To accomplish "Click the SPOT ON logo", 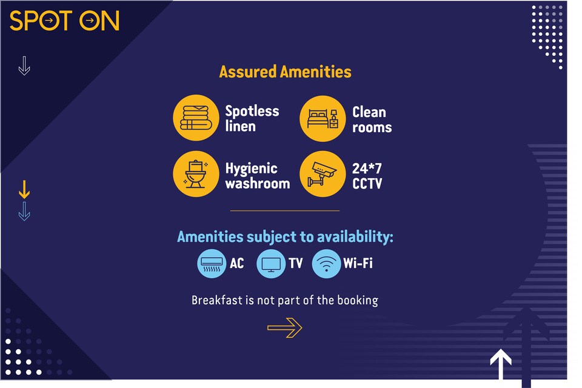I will (x=64, y=21).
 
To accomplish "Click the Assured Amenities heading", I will (x=285, y=72).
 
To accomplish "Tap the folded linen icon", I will (x=196, y=118).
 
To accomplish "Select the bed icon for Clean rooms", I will (x=323, y=118).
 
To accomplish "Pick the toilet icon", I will (x=196, y=174).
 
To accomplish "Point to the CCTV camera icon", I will (x=323, y=174).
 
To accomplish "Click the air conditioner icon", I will (x=212, y=264).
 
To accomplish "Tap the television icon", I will (x=270, y=264).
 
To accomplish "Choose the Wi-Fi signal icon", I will (x=326, y=264).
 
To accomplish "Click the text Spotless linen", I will (x=252, y=119).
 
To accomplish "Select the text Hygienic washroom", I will (x=257, y=176).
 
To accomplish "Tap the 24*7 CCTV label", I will (x=367, y=176).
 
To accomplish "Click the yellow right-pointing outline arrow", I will (x=284, y=328).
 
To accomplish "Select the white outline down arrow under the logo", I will (x=24, y=65).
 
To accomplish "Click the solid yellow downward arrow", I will (x=24, y=190).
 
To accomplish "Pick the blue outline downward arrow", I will (x=24, y=211).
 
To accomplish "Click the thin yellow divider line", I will (x=285, y=211).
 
